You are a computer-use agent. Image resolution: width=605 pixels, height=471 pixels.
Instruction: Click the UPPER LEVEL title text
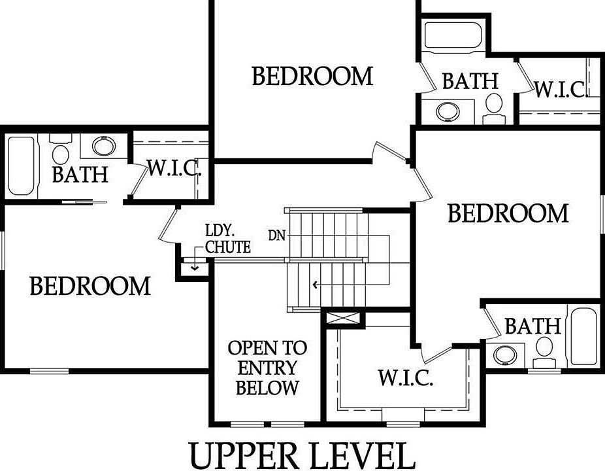pyautogui.click(x=302, y=456)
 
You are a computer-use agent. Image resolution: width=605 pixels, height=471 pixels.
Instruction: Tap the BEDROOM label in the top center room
pyautogui.click(x=312, y=77)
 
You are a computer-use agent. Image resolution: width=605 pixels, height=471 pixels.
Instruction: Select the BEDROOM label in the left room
pyautogui.click(x=90, y=286)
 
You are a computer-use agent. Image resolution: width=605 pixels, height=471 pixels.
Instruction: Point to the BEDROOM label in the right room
pyautogui.click(x=508, y=214)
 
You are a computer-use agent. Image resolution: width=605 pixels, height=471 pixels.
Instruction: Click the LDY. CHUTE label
pyautogui.click(x=227, y=239)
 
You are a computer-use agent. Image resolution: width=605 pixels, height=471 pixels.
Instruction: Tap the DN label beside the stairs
pyautogui.click(x=276, y=234)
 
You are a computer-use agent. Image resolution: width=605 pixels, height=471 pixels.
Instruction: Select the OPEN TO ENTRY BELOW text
pyautogui.click(x=267, y=368)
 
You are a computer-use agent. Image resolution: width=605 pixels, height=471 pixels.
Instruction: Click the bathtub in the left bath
pyautogui.click(x=20, y=166)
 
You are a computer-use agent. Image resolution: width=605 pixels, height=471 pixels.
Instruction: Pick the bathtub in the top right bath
pyautogui.click(x=452, y=35)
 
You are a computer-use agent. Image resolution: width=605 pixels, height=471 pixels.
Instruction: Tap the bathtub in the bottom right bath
pyautogui.click(x=583, y=336)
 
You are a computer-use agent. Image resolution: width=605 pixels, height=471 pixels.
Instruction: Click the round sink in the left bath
pyautogui.click(x=104, y=145)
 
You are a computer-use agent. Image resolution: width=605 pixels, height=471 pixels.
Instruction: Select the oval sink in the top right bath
pyautogui.click(x=448, y=111)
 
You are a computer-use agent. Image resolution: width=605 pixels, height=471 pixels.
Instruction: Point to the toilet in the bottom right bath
pyautogui.click(x=544, y=349)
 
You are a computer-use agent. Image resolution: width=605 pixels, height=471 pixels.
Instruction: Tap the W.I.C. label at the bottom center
pyautogui.click(x=405, y=377)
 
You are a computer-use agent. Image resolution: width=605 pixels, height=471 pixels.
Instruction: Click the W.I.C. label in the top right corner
pyautogui.click(x=561, y=89)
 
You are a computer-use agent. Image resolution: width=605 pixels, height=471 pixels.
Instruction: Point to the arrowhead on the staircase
pyautogui.click(x=316, y=285)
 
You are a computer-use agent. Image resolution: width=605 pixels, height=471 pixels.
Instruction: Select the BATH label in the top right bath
pyautogui.click(x=470, y=81)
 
